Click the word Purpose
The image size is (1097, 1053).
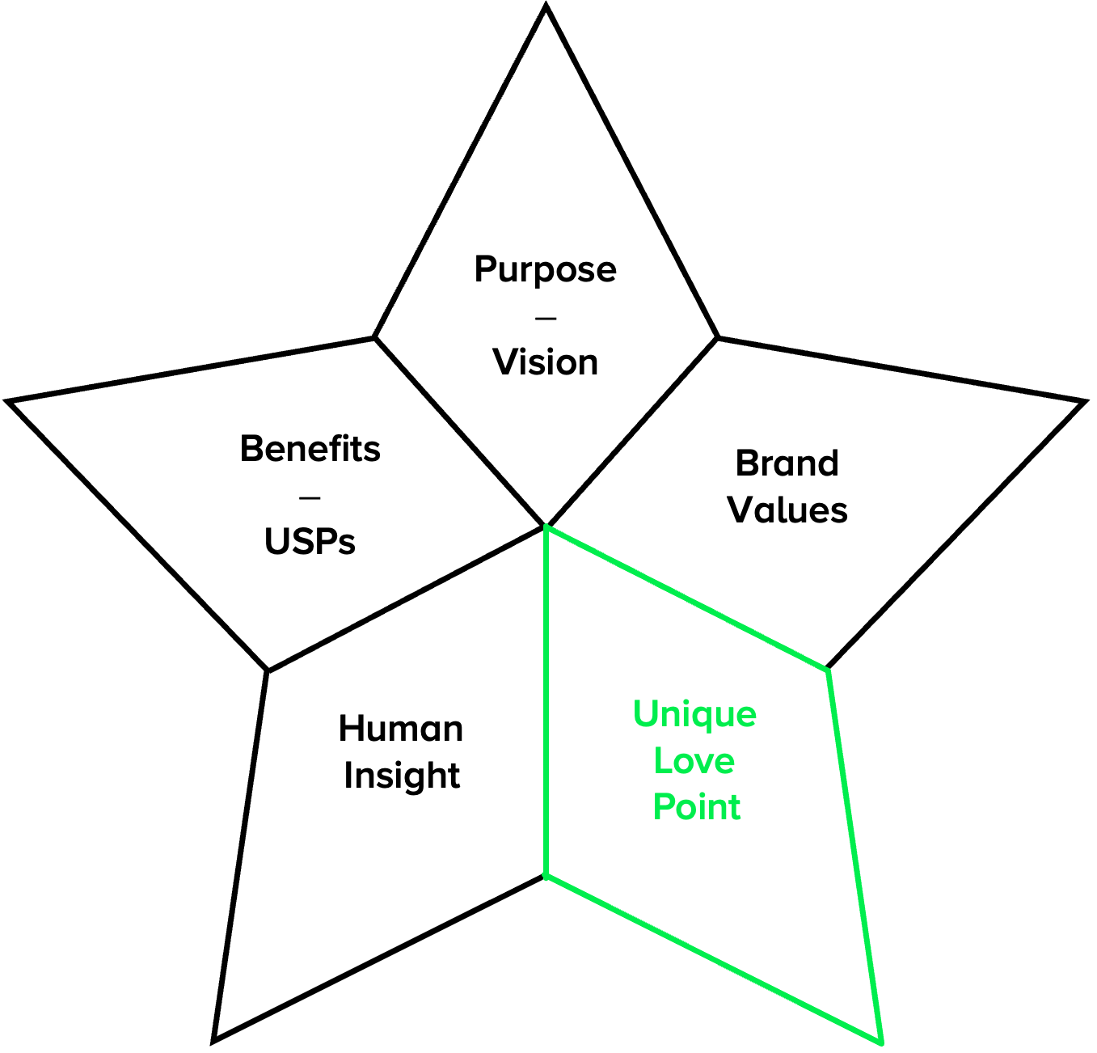coord(545,270)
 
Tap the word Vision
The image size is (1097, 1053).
coord(545,362)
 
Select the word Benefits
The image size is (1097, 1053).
coord(310,449)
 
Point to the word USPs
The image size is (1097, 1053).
coord(310,542)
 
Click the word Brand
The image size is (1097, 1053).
coord(787,463)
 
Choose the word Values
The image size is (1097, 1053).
coord(787,510)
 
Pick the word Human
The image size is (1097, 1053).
coord(401,729)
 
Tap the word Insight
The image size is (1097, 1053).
coord(402,776)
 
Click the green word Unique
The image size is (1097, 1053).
coord(694,715)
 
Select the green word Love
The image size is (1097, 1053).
coord(694,761)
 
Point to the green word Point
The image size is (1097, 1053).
coord(696,807)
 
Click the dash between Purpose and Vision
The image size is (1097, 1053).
coord(546,318)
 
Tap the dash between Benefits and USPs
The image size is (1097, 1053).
coord(310,497)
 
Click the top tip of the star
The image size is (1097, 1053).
coord(546,8)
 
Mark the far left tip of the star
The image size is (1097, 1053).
coord(10,401)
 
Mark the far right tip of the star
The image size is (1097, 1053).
coord(1083,402)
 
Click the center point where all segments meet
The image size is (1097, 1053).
coord(546,526)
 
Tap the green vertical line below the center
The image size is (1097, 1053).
coord(546,704)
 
